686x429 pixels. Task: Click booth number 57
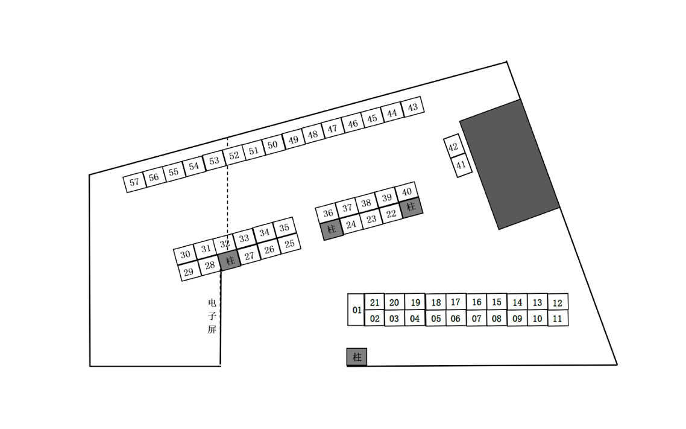tap(134, 182)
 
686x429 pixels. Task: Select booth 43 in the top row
tap(413, 107)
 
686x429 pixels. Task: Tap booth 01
tap(356, 310)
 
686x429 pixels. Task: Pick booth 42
tap(453, 147)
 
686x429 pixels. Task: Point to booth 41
tap(461, 165)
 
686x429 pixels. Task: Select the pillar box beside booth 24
tap(332, 229)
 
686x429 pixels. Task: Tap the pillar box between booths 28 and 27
tap(230, 261)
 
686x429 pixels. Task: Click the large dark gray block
tap(509, 165)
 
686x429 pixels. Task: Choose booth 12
tap(558, 303)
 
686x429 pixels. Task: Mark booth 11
tap(558, 319)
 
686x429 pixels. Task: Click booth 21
tap(374, 302)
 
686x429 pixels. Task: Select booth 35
tap(285, 227)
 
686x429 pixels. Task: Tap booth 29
tap(189, 272)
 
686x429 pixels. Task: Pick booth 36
tap(328, 213)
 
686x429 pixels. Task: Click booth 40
tap(406, 192)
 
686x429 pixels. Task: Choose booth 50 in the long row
tap(273, 145)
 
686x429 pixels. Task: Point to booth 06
tap(456, 319)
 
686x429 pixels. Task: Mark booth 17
tap(456, 302)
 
